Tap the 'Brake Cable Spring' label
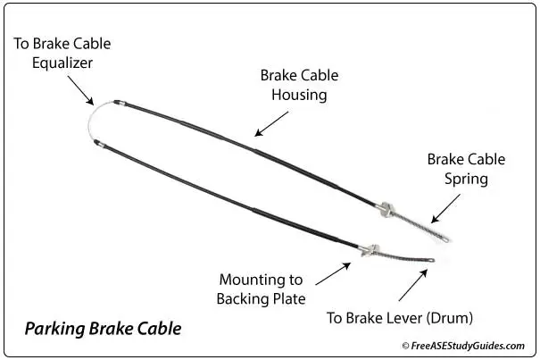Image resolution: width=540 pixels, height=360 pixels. pyautogui.click(x=466, y=169)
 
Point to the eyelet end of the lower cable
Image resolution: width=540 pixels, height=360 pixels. pyautogui.click(x=431, y=263)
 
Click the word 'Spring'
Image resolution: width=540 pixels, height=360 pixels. pyautogui.click(x=467, y=179)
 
